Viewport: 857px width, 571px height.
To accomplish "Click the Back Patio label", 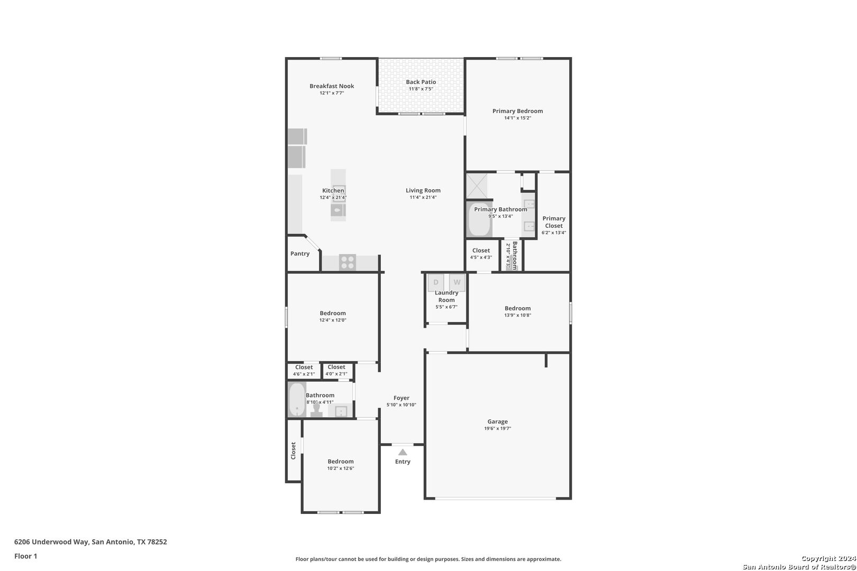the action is (421, 82).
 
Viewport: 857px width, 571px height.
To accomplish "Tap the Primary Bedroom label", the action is (517, 111).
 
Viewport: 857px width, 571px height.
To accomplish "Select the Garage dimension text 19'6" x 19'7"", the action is (497, 428).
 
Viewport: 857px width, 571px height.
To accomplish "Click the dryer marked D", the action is (436, 283).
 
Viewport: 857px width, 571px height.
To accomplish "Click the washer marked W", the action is (457, 283).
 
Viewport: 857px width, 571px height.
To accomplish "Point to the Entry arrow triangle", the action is (403, 452).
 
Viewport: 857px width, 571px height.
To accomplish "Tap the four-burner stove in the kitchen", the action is (348, 262).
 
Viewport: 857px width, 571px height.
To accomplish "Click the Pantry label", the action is (300, 254).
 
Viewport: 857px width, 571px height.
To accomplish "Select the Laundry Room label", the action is (446, 297).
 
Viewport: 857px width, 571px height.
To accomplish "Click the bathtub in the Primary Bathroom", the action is (479, 219).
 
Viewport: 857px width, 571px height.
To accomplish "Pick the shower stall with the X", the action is (477, 186).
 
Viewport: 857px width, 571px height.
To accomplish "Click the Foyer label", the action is (402, 398).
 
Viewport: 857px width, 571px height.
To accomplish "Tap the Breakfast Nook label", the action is (332, 86).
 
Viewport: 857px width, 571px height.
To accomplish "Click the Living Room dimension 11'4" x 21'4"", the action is (423, 197).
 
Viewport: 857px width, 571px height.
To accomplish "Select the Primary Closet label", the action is (553, 222).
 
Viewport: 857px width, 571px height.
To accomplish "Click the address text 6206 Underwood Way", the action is (51, 541).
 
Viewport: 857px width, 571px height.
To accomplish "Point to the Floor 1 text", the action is (25, 556).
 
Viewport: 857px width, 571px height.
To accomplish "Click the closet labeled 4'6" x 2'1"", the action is (304, 370).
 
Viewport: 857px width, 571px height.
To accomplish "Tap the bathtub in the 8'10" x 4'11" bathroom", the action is (297, 400).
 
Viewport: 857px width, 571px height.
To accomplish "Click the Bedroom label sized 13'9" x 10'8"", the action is (517, 308).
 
